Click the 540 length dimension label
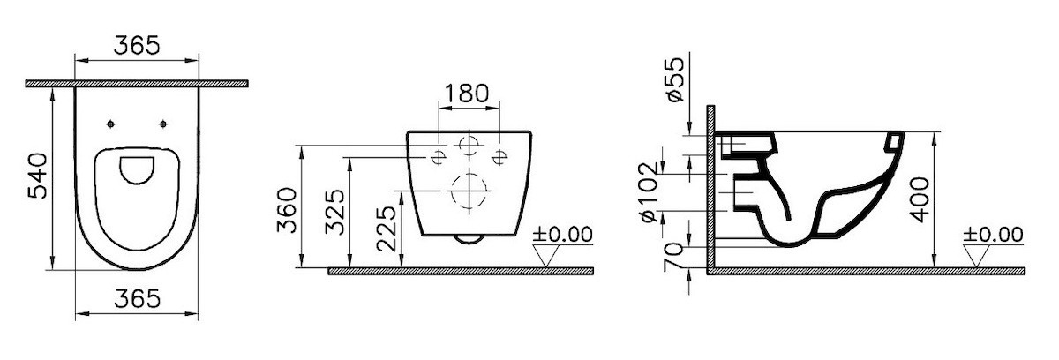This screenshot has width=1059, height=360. (x=38, y=176)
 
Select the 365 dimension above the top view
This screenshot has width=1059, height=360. (x=137, y=45)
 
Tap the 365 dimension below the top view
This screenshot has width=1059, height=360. (x=138, y=298)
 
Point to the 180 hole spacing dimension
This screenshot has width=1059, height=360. (x=466, y=93)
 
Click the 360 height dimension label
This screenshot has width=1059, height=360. (x=287, y=210)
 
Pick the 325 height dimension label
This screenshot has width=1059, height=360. (x=336, y=212)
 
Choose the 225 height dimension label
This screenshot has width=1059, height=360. (x=387, y=229)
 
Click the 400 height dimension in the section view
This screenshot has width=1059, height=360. (x=920, y=199)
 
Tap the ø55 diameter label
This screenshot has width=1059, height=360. (x=675, y=79)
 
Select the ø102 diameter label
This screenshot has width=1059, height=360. (x=648, y=192)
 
